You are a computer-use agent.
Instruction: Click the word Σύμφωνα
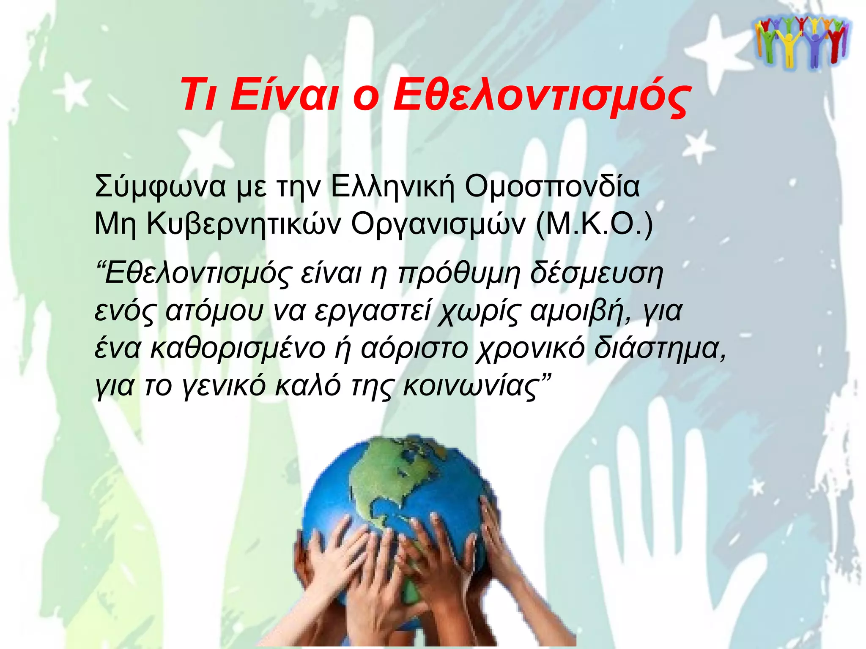(x=160, y=186)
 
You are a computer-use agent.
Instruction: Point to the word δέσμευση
(x=596, y=274)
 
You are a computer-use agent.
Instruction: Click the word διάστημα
(x=660, y=349)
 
